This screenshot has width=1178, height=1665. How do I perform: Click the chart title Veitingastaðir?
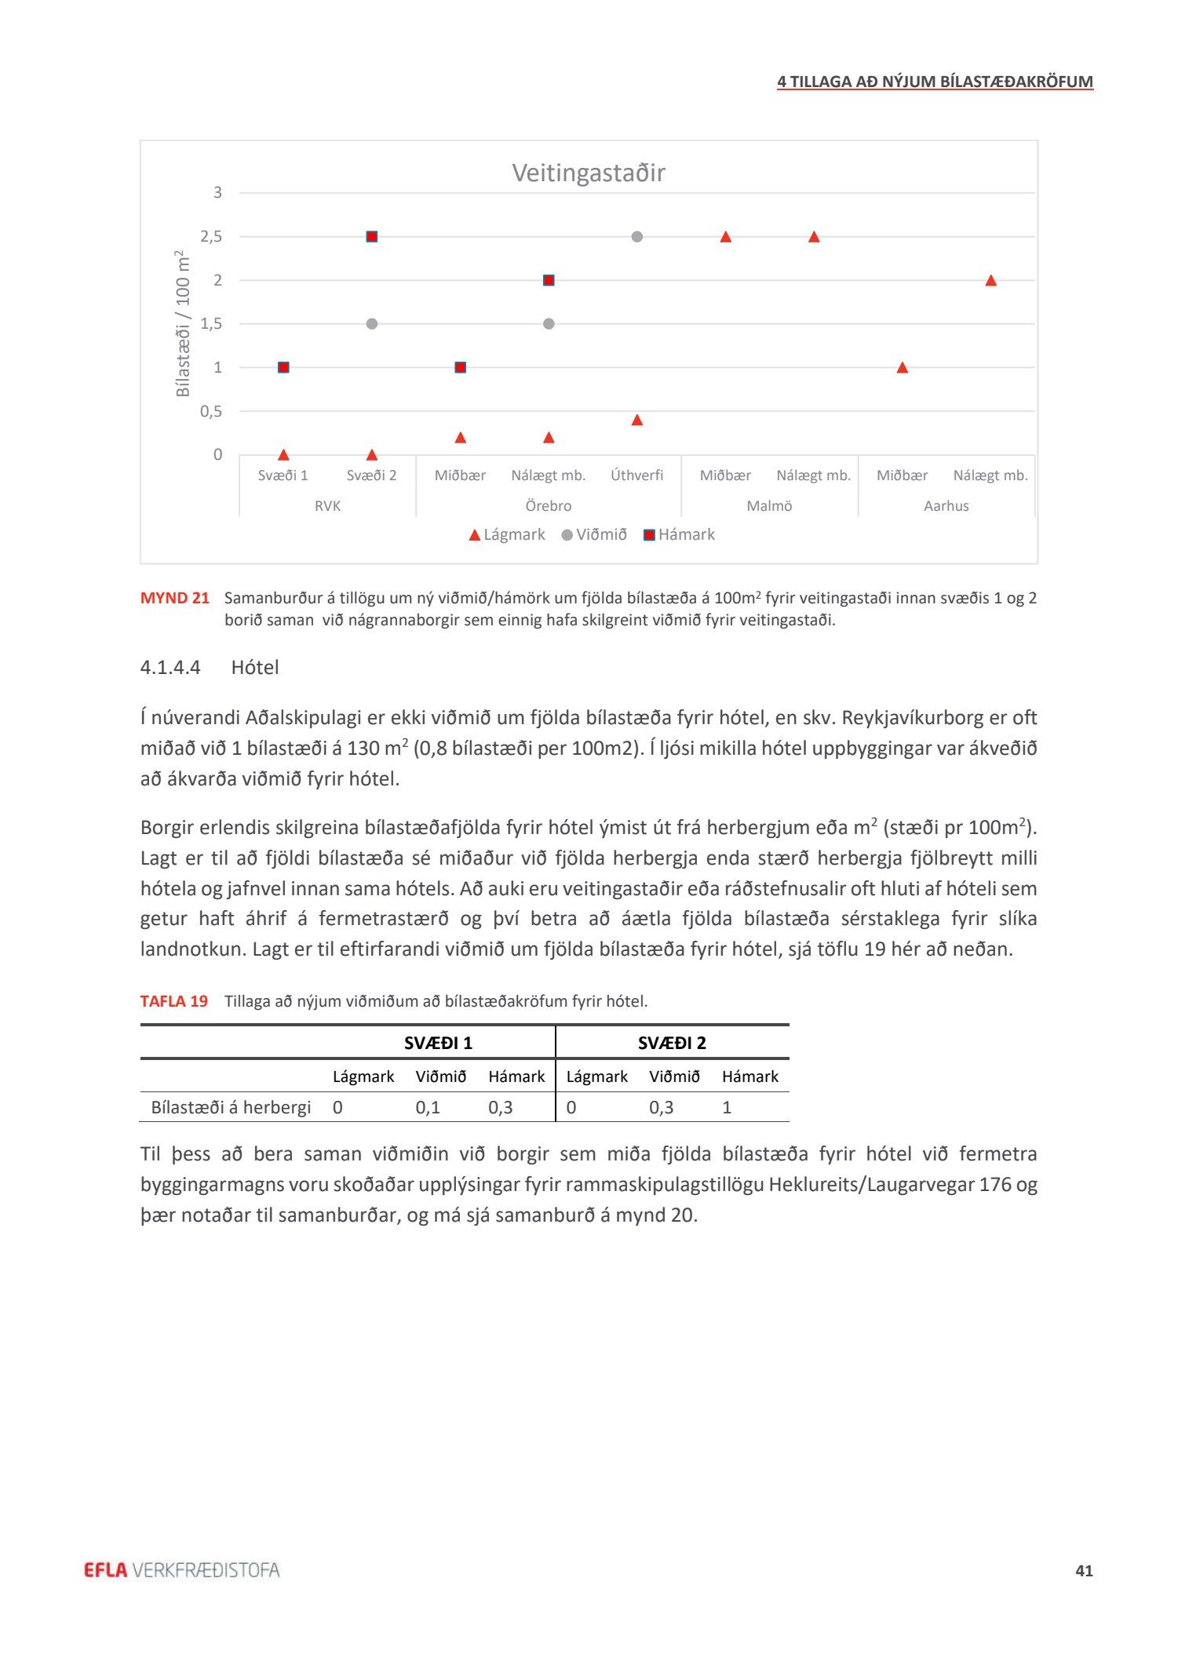coord(589,173)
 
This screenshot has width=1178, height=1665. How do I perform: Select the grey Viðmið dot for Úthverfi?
coord(637,237)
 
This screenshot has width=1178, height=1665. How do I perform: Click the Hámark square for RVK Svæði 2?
coord(372,237)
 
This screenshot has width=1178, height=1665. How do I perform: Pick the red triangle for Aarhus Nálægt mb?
coord(990,281)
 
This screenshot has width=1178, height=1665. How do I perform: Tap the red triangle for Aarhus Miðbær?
coord(903,368)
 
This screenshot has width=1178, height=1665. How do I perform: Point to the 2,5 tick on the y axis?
coord(211,237)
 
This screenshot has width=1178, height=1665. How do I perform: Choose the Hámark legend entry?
coord(679,535)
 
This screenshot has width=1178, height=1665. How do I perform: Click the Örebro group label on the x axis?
coord(549,506)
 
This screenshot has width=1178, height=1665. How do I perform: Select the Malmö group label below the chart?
coord(769,506)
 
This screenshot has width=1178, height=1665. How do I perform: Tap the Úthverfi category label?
coord(637,475)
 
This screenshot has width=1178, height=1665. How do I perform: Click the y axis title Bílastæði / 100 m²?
coord(183,323)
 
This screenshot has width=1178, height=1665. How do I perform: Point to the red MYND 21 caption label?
coord(175,598)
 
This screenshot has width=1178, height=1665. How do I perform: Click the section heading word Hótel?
coord(255,668)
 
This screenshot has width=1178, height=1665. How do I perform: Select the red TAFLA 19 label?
coord(174,1001)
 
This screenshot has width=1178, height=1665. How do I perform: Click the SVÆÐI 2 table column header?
coord(672,1043)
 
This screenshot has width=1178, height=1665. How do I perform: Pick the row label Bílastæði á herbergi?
coord(231,1107)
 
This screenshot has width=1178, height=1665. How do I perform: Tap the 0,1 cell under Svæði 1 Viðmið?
coord(428,1107)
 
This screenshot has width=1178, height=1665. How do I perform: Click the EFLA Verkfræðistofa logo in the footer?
coord(181,1570)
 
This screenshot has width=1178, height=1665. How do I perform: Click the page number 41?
coord(1084,1571)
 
